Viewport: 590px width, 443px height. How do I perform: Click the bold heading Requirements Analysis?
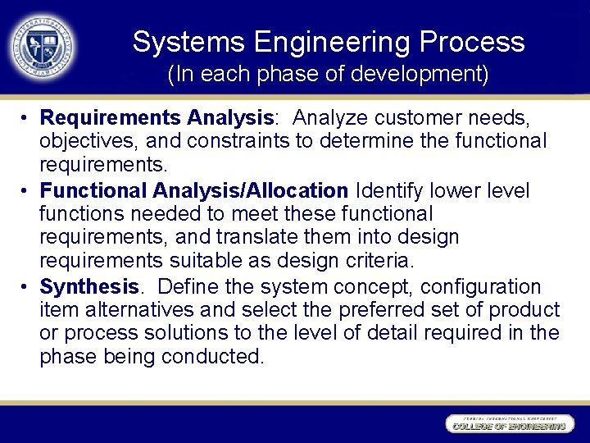click(x=157, y=118)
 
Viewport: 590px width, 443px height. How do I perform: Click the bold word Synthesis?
click(x=89, y=287)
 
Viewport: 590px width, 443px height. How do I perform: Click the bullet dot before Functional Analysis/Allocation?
click(x=26, y=191)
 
